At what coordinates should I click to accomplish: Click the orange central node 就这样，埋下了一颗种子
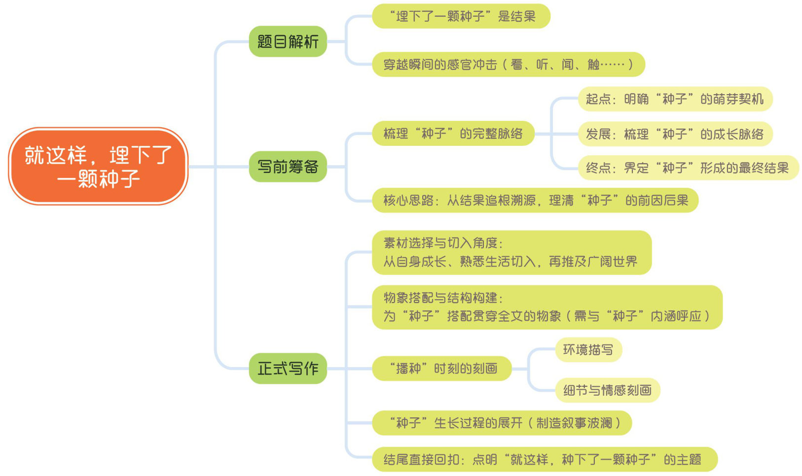point(98,167)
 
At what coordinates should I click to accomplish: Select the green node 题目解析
point(288,41)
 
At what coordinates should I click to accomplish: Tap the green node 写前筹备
point(288,167)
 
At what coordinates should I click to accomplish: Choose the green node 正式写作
point(288,368)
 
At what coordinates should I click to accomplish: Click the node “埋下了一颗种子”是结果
point(461,16)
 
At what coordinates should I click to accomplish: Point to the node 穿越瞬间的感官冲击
point(508,64)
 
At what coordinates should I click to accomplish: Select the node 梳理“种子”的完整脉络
point(453,134)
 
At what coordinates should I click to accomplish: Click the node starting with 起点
point(674,99)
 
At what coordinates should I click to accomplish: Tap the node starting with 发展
point(674,134)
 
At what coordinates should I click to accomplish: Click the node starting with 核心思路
point(535,201)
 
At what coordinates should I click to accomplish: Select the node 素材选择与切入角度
point(511,252)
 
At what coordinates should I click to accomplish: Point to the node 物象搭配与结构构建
point(547,307)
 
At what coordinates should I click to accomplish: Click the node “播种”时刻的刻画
point(441,369)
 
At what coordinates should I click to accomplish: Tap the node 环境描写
point(588,350)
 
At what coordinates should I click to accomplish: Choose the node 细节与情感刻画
point(607,390)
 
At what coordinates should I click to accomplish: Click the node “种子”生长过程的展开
point(502,423)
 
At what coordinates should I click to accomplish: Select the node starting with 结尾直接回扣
point(544,460)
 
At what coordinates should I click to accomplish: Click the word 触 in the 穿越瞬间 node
point(593,65)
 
